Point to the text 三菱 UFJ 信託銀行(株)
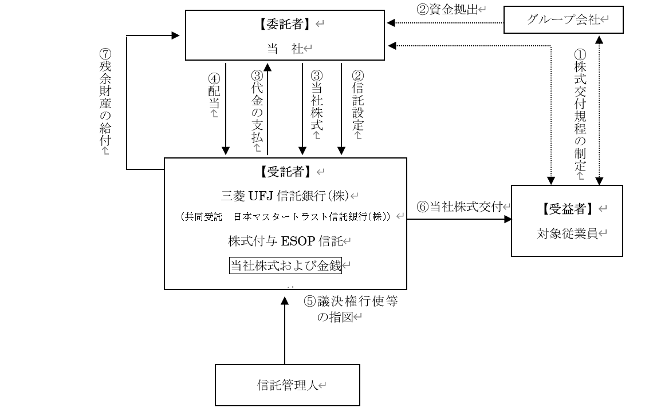[x=285, y=195]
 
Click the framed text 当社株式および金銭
[x=285, y=266]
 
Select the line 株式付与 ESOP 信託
[x=285, y=241]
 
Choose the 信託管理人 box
[x=288, y=385]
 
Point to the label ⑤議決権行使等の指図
[x=351, y=310]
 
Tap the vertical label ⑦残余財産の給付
[x=105, y=100]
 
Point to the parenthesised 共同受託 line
[x=285, y=217]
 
